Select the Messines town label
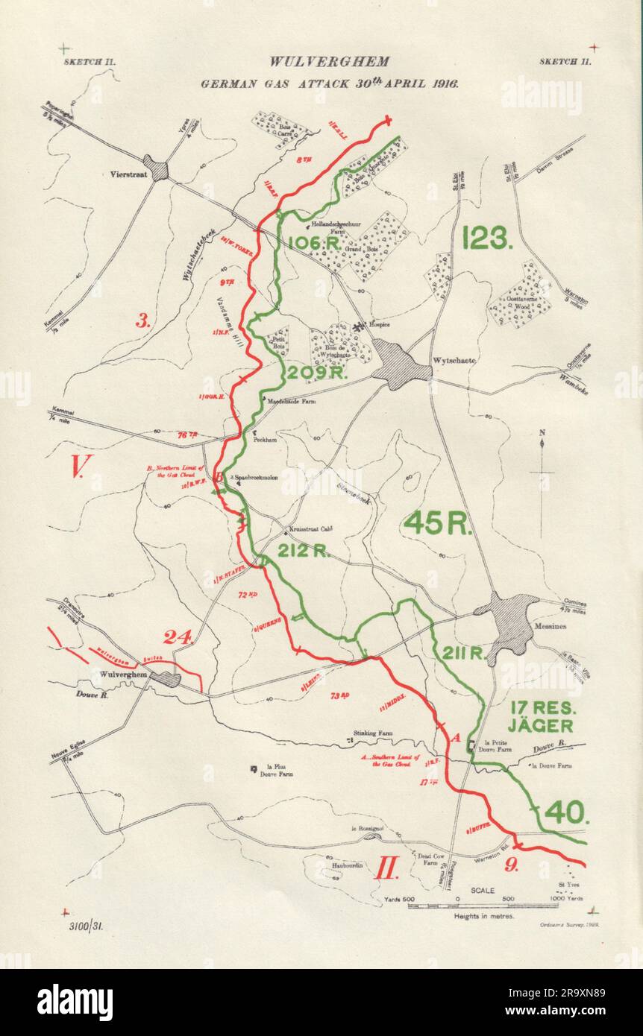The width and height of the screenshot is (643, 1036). point(551,626)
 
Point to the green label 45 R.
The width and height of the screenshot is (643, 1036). point(438,523)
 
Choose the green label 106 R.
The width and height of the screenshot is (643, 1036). point(314,242)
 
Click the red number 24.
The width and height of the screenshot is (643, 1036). point(179,637)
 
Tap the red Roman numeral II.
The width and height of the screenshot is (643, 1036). point(386,868)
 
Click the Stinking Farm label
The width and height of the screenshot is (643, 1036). point(373,732)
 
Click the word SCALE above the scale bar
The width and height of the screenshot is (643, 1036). point(483,890)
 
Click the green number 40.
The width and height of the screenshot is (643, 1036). point(567,812)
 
